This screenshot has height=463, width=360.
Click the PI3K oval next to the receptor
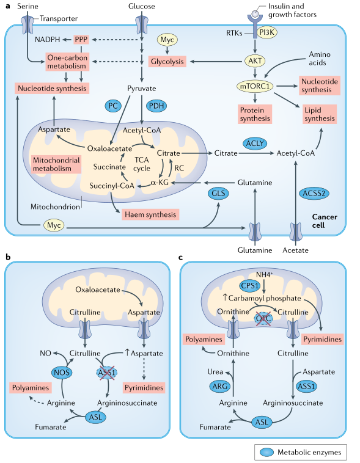tap(267, 32)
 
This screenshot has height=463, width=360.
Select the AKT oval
tap(255, 61)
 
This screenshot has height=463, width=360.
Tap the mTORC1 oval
tap(255, 86)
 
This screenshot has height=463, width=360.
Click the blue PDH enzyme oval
tap(156, 106)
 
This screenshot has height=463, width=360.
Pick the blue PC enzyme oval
tap(113, 106)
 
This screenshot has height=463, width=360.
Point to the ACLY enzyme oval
tap(255, 144)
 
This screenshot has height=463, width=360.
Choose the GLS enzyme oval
tap(218, 194)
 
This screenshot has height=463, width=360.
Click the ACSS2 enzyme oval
tap(314, 194)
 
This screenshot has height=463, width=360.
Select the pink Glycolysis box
tap(167, 62)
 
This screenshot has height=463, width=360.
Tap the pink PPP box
tap(81, 40)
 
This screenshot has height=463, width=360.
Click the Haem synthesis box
tap(150, 214)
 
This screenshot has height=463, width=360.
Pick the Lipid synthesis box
tap(320, 114)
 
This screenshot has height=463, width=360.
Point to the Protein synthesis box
tap(255, 114)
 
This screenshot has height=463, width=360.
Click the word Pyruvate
tap(142, 89)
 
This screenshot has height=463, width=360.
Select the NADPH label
tap(47, 40)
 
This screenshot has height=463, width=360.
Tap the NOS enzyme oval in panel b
tap(62, 373)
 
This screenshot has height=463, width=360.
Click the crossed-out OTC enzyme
tap(263, 318)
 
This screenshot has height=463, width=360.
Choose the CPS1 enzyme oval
tap(250, 285)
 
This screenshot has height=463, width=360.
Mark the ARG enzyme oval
tap(220, 386)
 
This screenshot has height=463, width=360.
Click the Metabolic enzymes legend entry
tap(300, 452)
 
